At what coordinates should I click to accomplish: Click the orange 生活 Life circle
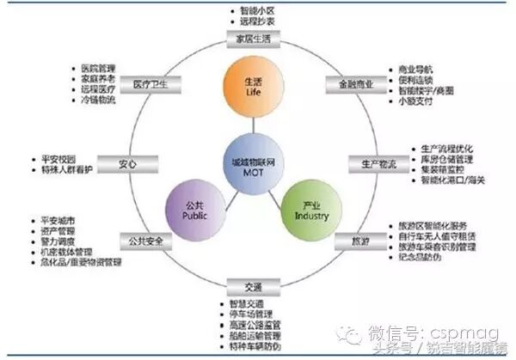click(253, 84)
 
